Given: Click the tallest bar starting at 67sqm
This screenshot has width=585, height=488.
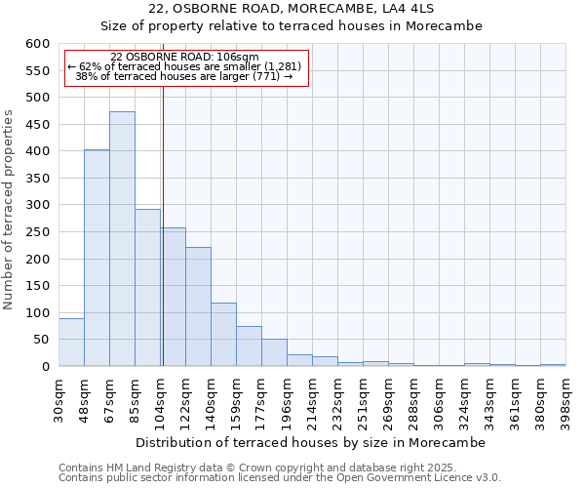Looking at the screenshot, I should click(x=122, y=239).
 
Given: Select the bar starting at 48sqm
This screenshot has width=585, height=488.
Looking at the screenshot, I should click(x=97, y=258).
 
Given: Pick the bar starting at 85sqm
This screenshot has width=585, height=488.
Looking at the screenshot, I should click(x=147, y=288).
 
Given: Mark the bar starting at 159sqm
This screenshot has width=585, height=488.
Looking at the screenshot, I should click(x=249, y=346).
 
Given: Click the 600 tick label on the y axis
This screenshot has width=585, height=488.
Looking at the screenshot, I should click(x=37, y=44).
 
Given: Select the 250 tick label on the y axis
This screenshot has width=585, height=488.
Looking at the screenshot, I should click(x=37, y=232).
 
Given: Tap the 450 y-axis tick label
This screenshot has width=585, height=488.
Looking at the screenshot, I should click(x=37, y=125).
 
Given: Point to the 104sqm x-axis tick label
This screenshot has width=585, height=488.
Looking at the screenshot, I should click(x=160, y=398).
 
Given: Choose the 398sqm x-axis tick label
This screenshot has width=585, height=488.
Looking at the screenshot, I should click(x=565, y=398).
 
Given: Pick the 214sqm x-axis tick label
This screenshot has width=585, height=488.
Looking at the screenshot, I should click(x=312, y=398).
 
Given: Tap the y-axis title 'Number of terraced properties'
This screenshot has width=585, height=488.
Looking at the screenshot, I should click(x=10, y=210).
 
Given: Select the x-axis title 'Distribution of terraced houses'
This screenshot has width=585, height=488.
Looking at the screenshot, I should click(x=310, y=442).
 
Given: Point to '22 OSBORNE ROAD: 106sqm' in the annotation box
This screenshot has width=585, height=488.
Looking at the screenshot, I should click(x=185, y=58).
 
